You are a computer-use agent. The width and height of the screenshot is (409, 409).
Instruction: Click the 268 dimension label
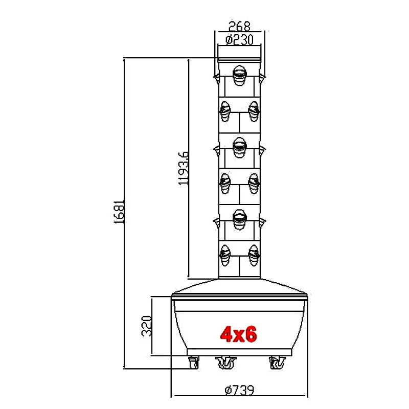(239, 26)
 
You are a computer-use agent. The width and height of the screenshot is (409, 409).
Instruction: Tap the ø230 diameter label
(239, 40)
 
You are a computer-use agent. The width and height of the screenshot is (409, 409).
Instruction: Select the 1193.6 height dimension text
(184, 169)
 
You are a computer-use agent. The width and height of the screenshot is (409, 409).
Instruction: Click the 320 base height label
(146, 326)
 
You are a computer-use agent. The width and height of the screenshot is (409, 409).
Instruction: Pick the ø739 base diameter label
(239, 390)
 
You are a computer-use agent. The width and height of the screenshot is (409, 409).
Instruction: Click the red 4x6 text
(238, 334)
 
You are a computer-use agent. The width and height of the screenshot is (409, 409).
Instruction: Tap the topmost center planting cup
(239, 75)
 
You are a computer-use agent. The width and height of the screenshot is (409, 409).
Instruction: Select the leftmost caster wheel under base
(193, 362)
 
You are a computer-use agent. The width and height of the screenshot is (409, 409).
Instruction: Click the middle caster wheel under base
(226, 362)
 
